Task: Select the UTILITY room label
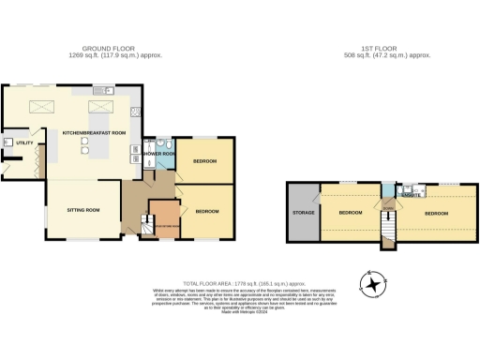(24, 142)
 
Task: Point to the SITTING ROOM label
(83, 210)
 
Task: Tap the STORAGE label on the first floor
(303, 212)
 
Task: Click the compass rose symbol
(373, 283)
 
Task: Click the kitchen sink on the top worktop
(110, 91)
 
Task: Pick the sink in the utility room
(7, 142)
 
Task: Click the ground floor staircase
(146, 224)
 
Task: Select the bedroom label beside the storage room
(350, 213)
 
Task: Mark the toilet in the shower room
(160, 140)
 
